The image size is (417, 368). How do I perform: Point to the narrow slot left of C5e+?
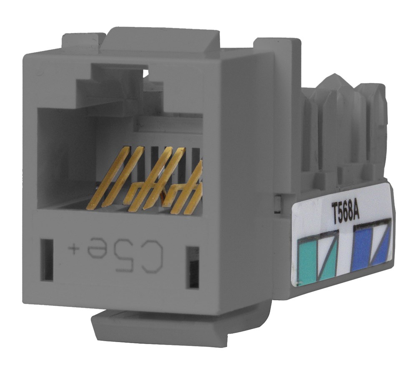tap(47, 259)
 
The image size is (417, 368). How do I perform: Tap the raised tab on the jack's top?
tap(163, 40)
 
